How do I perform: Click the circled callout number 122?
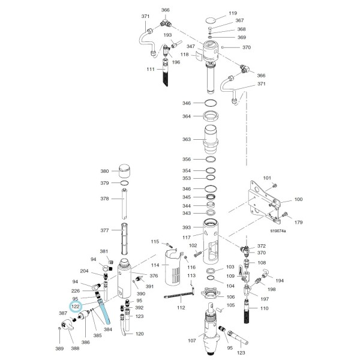click(x=76, y=307)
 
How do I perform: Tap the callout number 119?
click(x=233, y=13)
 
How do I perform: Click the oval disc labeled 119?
click(x=211, y=20)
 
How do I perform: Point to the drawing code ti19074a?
click(x=278, y=231)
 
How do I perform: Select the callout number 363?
click(x=187, y=139)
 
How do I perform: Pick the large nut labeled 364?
click(x=211, y=116)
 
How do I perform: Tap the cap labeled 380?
click(x=125, y=171)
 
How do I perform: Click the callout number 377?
click(x=104, y=230)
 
